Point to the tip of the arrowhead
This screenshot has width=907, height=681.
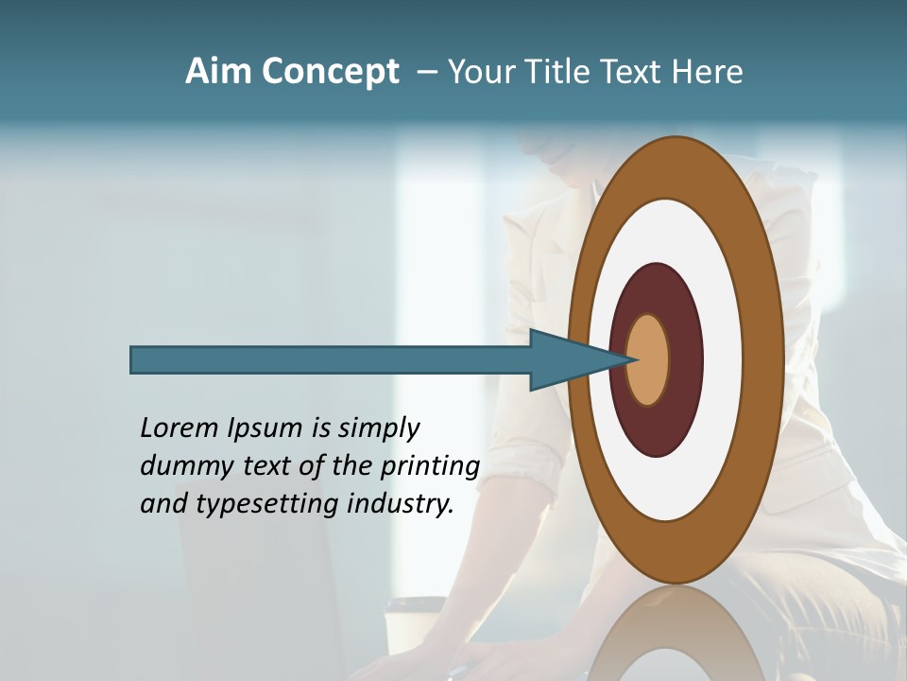[x=636, y=359]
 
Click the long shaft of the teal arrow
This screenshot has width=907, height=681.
[x=331, y=359]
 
